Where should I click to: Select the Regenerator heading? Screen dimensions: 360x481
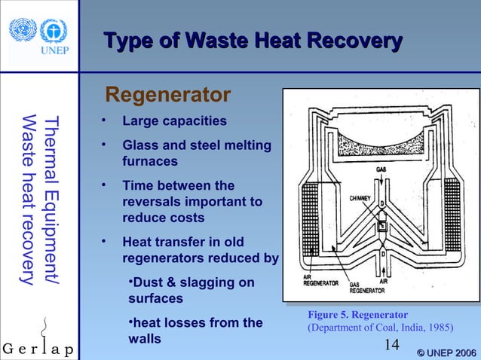click(167, 96)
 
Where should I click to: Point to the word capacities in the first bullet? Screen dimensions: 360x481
click(193, 121)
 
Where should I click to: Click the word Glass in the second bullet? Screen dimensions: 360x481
click(140, 145)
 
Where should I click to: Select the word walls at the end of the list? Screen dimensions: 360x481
click(145, 339)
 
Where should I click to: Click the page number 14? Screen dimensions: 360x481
click(391, 344)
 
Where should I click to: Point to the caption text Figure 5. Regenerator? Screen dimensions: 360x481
click(357, 314)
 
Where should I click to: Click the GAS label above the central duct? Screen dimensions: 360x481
click(382, 169)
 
